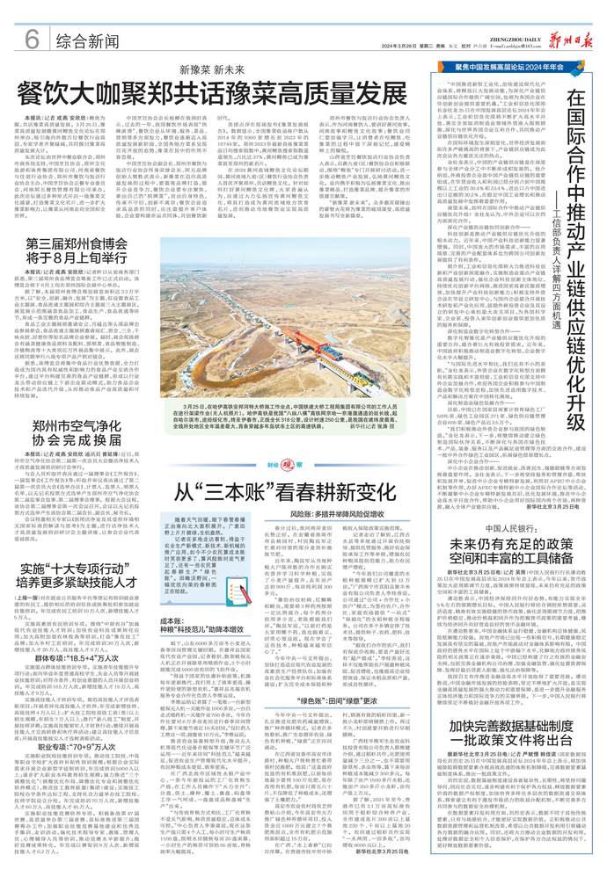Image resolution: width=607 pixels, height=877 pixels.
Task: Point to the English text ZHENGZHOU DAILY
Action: tap(473, 27)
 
